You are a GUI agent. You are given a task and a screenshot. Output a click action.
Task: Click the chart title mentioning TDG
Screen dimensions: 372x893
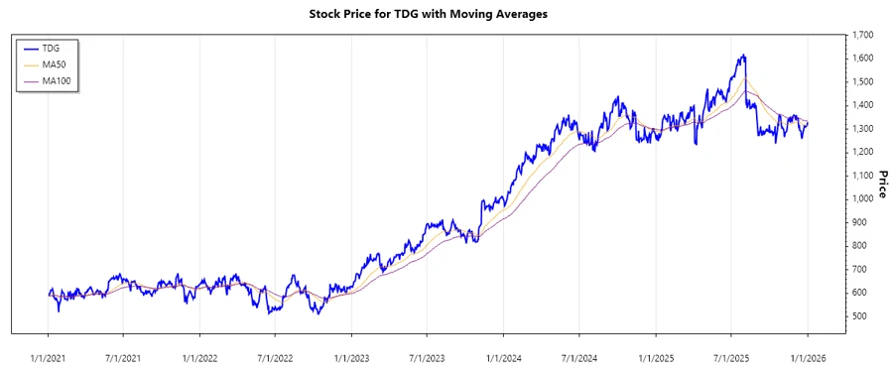[x=446, y=15]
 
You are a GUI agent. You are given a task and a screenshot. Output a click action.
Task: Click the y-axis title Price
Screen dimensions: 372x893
[x=881, y=184]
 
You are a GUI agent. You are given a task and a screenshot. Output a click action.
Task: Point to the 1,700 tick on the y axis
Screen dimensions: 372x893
[x=861, y=35]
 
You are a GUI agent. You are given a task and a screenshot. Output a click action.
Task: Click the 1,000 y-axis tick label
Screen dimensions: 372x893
[x=861, y=198]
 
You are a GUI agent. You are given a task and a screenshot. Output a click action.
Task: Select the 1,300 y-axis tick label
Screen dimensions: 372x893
[x=861, y=129]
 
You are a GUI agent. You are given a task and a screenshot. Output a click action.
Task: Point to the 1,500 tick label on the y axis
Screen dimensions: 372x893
[x=861, y=81]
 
